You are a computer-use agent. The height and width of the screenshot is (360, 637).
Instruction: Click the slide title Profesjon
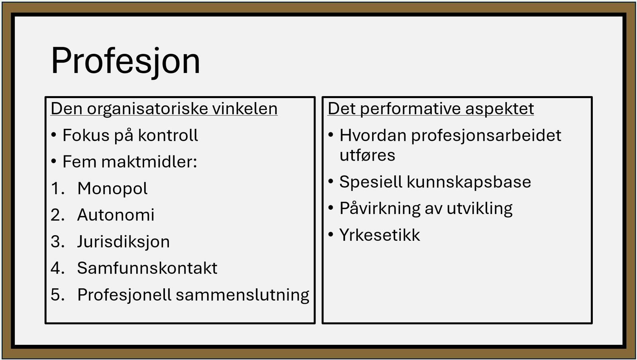[125, 61]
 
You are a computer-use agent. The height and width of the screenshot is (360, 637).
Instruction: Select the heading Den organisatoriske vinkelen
[164, 109]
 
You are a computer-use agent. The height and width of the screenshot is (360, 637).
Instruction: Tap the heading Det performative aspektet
[431, 109]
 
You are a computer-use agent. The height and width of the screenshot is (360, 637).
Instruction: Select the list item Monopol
[112, 189]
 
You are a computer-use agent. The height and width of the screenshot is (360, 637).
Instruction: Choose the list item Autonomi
[116, 214]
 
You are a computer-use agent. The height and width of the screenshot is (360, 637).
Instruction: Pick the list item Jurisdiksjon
[123, 242]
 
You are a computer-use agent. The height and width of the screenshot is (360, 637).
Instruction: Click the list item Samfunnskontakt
[147, 268]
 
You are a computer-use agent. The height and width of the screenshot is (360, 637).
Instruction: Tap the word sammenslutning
[243, 295]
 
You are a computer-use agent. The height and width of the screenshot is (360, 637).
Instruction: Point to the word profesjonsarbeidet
[486, 136]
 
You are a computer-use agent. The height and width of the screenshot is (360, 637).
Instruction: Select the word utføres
[367, 155]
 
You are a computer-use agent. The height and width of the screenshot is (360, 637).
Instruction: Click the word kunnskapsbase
[469, 182]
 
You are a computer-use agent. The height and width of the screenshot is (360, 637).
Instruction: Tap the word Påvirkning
[380, 209]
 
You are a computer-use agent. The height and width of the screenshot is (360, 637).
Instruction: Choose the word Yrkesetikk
[380, 235]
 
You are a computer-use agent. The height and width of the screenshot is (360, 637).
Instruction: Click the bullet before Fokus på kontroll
[54, 135]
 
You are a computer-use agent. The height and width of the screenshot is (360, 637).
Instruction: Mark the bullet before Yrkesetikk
[330, 235]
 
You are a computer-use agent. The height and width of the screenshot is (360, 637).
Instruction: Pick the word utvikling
[480, 209]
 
